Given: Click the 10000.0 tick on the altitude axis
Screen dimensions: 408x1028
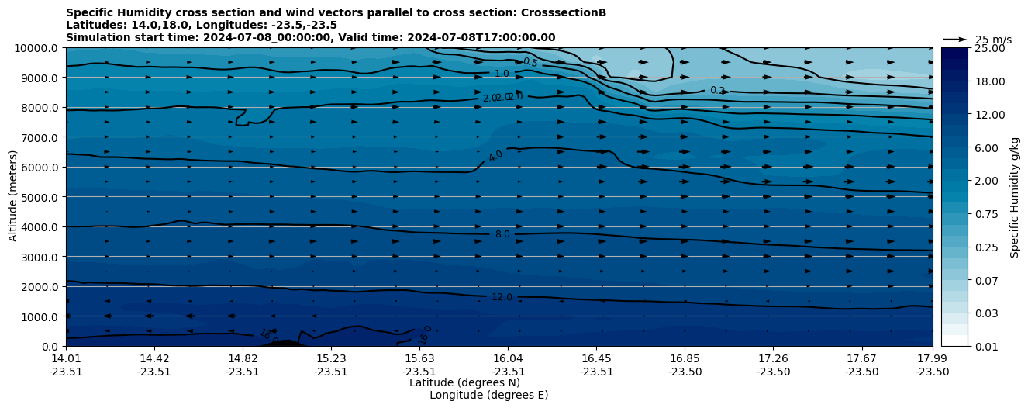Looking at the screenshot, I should coord(37,48).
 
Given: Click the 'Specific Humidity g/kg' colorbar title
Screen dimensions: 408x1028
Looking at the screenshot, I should coord(1015,197).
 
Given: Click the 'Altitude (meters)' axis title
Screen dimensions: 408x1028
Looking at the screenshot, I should coord(13,197).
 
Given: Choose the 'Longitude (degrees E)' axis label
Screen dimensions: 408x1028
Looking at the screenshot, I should coord(488,395).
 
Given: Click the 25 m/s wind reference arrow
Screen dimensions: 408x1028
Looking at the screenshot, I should coord(955,39).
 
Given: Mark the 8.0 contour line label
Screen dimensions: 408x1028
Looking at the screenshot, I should coord(502,234).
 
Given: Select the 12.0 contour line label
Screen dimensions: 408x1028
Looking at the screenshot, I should coord(502,297).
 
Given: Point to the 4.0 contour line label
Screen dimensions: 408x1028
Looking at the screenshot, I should coord(495,155).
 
